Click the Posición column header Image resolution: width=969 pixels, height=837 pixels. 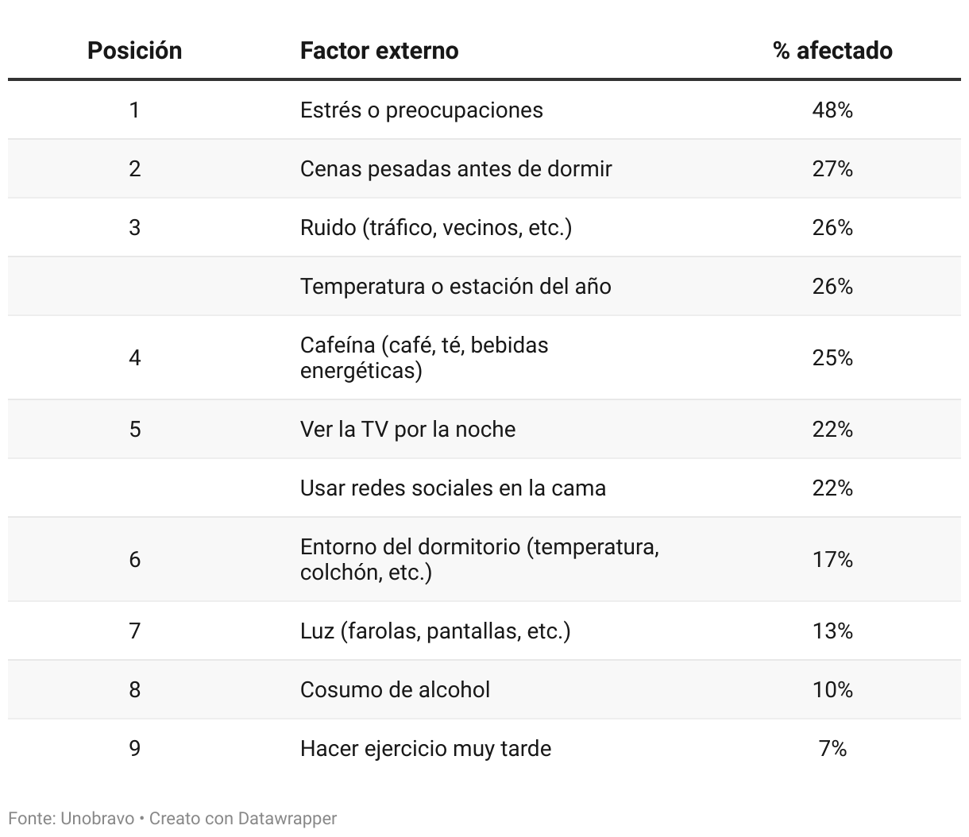point(134,51)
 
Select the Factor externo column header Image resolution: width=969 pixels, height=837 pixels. point(379,51)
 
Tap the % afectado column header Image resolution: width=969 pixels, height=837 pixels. point(832,51)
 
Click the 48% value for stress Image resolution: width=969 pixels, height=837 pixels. point(832,110)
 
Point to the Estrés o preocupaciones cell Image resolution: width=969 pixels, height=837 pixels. point(421,110)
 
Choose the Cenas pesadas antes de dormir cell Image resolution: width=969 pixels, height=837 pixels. point(456,168)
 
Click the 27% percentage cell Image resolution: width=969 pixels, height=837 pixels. point(832,168)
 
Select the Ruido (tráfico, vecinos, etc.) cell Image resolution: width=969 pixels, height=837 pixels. point(435,228)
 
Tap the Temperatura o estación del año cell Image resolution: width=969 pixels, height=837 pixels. point(455,286)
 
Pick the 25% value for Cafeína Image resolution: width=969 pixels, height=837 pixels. point(832,358)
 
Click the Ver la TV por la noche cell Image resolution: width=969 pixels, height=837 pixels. point(407,430)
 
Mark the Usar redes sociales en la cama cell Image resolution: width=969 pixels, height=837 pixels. point(453,488)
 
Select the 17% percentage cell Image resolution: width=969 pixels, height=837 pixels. point(832,560)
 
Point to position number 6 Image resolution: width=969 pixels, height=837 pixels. point(134,560)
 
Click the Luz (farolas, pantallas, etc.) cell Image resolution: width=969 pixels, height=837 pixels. point(434,631)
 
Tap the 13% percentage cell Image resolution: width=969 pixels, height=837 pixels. point(832,631)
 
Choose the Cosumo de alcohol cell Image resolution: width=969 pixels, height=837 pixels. point(395,689)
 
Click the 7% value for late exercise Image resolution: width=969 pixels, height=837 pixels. point(832,748)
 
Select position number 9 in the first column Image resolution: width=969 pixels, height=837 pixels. point(134,748)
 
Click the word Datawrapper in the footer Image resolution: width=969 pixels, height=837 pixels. point(287,818)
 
